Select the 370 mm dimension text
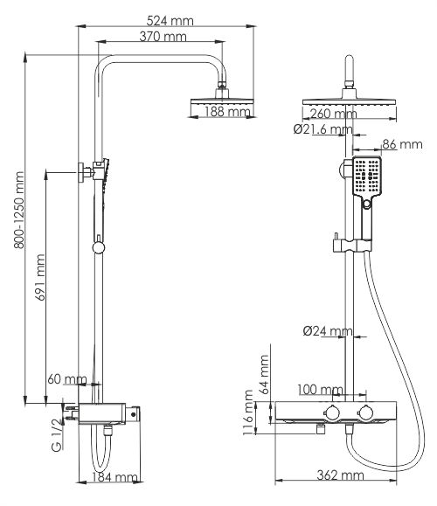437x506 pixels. pos(163,36)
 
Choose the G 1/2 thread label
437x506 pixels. pos(55,434)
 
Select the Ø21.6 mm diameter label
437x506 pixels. pos(323,129)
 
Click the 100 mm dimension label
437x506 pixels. pos(320,389)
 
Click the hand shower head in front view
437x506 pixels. pos(365,178)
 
